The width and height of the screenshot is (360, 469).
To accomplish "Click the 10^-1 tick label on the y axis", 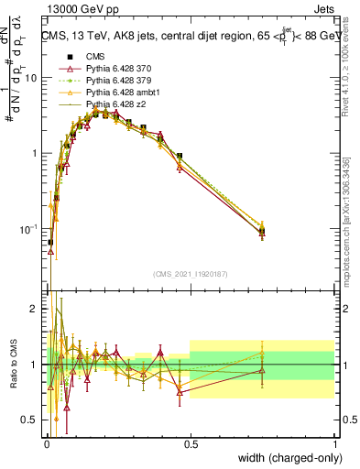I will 29,229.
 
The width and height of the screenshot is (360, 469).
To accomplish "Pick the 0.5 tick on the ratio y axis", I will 30,420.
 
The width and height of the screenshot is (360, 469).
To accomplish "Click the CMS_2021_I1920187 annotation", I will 190,274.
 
